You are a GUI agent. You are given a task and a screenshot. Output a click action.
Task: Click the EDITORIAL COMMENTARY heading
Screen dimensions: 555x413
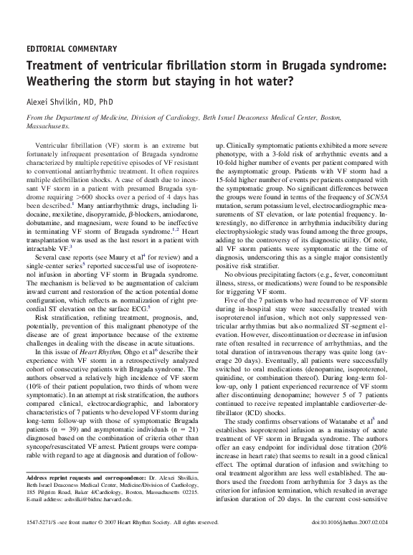click(x=71, y=49)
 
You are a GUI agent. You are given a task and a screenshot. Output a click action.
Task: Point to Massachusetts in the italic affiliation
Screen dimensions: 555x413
click(x=47, y=125)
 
